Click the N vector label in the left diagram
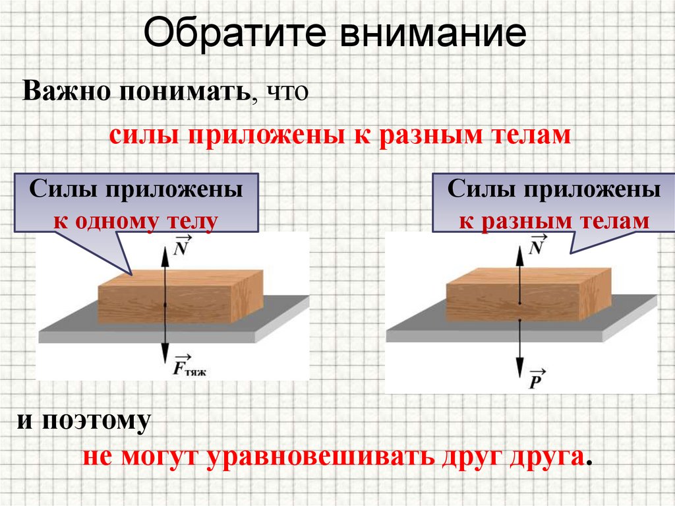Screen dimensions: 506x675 (x=182, y=246)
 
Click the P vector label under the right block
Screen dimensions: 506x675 (x=537, y=381)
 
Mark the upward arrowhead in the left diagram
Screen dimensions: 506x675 (x=164, y=243)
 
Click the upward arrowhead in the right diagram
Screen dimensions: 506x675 (x=519, y=243)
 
